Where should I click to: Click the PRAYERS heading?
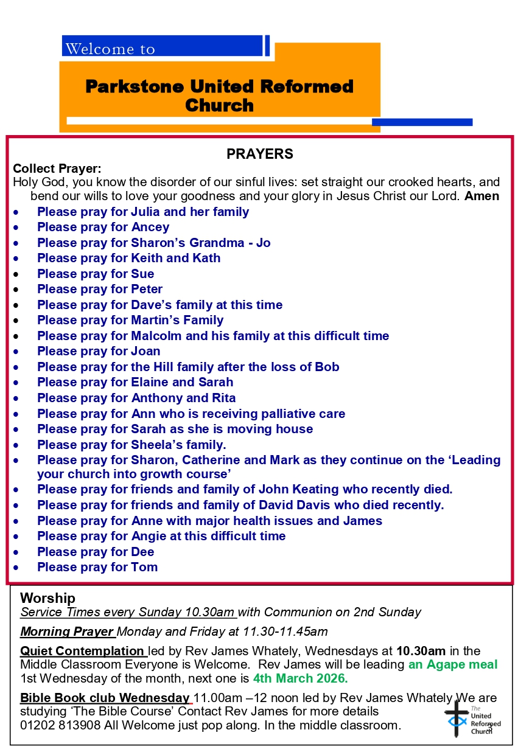click(x=260, y=154)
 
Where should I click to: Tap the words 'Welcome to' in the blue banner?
click(x=110, y=49)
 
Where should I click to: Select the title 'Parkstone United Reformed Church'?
click(x=219, y=96)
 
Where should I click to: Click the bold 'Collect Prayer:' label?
click(x=57, y=169)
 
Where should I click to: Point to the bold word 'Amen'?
click(x=481, y=197)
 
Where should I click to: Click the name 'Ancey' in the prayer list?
click(x=150, y=228)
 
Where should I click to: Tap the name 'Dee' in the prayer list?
click(x=142, y=552)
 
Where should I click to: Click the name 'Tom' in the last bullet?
click(x=144, y=567)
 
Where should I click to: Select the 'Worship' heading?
click(x=47, y=598)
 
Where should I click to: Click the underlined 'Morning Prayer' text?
click(x=67, y=631)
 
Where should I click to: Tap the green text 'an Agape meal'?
click(x=453, y=664)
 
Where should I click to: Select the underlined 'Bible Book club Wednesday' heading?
click(x=105, y=698)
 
